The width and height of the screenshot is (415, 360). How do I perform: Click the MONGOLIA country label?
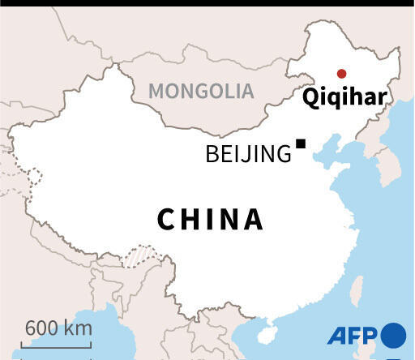click(201, 91)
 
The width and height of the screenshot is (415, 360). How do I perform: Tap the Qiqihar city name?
click(344, 98)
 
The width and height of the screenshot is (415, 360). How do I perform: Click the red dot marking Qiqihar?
click(341, 73)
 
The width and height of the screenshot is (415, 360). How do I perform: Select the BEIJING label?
click(248, 154)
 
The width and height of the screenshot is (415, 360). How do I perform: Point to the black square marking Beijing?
click(301, 144)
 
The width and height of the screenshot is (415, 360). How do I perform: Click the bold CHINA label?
click(210, 219)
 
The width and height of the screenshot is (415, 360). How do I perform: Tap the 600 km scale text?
click(58, 328)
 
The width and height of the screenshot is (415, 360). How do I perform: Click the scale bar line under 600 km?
click(58, 345)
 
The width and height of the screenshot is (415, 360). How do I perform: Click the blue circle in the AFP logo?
click(393, 334)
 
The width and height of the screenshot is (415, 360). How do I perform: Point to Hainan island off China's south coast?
click(266, 331)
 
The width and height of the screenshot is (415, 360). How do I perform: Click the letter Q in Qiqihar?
click(310, 98)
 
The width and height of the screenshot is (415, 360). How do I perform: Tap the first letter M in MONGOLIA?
click(156, 91)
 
